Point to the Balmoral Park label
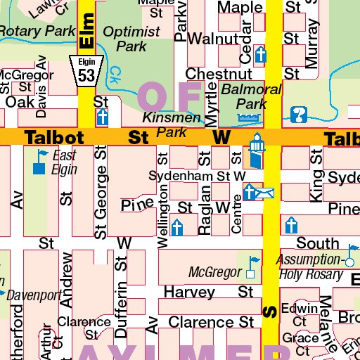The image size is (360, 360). (x=251, y=96)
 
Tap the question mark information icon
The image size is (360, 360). (x=299, y=113)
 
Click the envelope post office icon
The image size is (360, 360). (x=265, y=191)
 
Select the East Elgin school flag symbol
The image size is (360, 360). (x=39, y=162)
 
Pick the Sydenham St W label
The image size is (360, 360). (x=196, y=175)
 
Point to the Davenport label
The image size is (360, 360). (x=35, y=295)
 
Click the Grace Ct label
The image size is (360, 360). (x=300, y=344)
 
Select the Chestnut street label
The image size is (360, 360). (x=219, y=74)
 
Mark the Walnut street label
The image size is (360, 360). (x=210, y=37)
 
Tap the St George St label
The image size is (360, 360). (x=101, y=190)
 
